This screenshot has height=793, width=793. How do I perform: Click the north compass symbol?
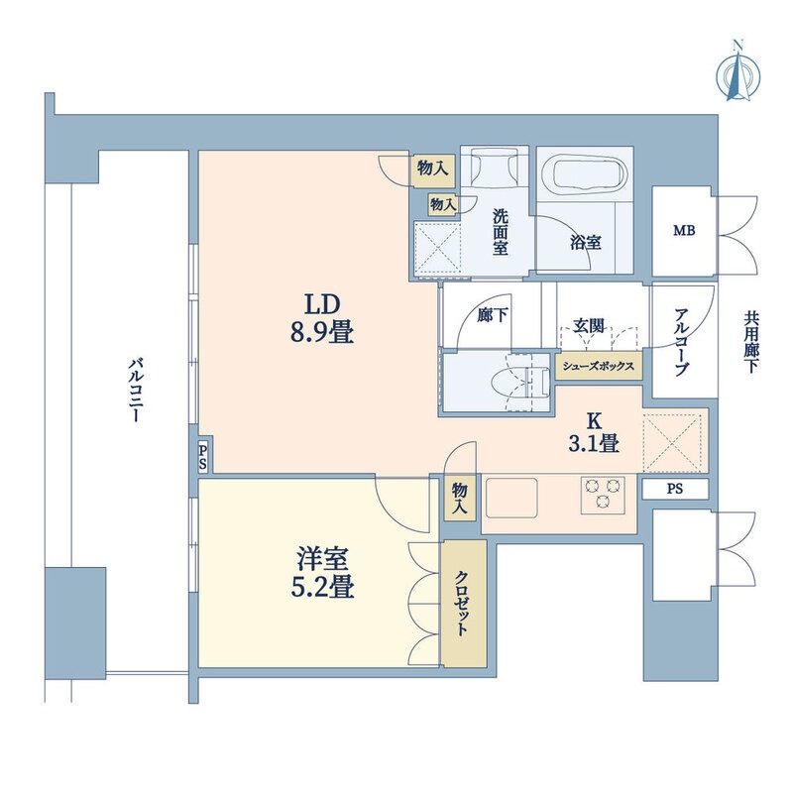736,70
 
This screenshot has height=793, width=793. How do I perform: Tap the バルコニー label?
132,391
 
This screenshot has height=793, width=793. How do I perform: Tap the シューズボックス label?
600,365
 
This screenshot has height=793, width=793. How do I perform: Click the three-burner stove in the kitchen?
604,494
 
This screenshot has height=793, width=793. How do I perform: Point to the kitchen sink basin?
510,494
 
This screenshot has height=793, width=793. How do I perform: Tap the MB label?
684,231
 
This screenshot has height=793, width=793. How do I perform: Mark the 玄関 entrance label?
589,324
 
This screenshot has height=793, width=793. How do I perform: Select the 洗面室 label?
501,231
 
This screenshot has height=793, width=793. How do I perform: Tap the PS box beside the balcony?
203,457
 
